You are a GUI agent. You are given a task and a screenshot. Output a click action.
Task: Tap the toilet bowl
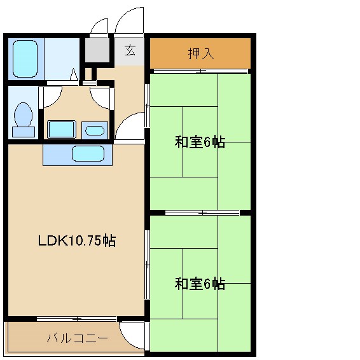24,114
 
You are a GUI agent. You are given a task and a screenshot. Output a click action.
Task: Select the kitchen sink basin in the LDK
88,154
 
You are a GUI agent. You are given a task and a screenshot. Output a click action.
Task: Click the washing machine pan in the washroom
62,129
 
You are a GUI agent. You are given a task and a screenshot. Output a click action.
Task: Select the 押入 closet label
200,53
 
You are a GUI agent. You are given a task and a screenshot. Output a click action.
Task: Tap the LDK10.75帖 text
76,241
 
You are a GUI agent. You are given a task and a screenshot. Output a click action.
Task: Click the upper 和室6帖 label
200,142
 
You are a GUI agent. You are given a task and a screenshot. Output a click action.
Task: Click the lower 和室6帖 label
200,284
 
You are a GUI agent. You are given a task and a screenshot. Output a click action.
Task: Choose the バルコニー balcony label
76,338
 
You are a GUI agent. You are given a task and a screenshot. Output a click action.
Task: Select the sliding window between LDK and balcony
76,318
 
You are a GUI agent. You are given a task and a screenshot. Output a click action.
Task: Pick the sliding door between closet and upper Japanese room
200,71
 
